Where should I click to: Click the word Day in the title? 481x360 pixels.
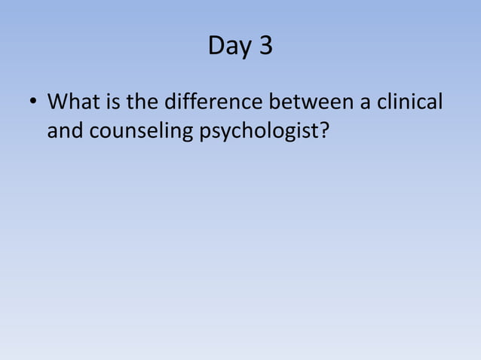229,47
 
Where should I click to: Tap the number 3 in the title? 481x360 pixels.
265,47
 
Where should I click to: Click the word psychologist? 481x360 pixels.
260,131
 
